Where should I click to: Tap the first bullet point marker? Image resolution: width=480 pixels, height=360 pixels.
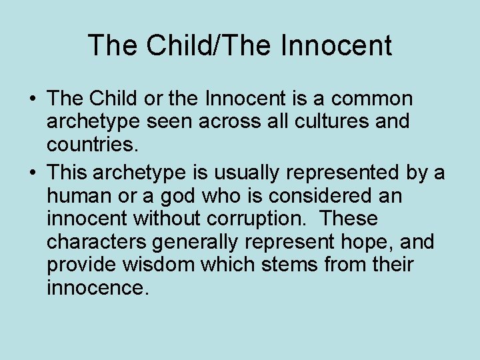(x=32, y=100)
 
